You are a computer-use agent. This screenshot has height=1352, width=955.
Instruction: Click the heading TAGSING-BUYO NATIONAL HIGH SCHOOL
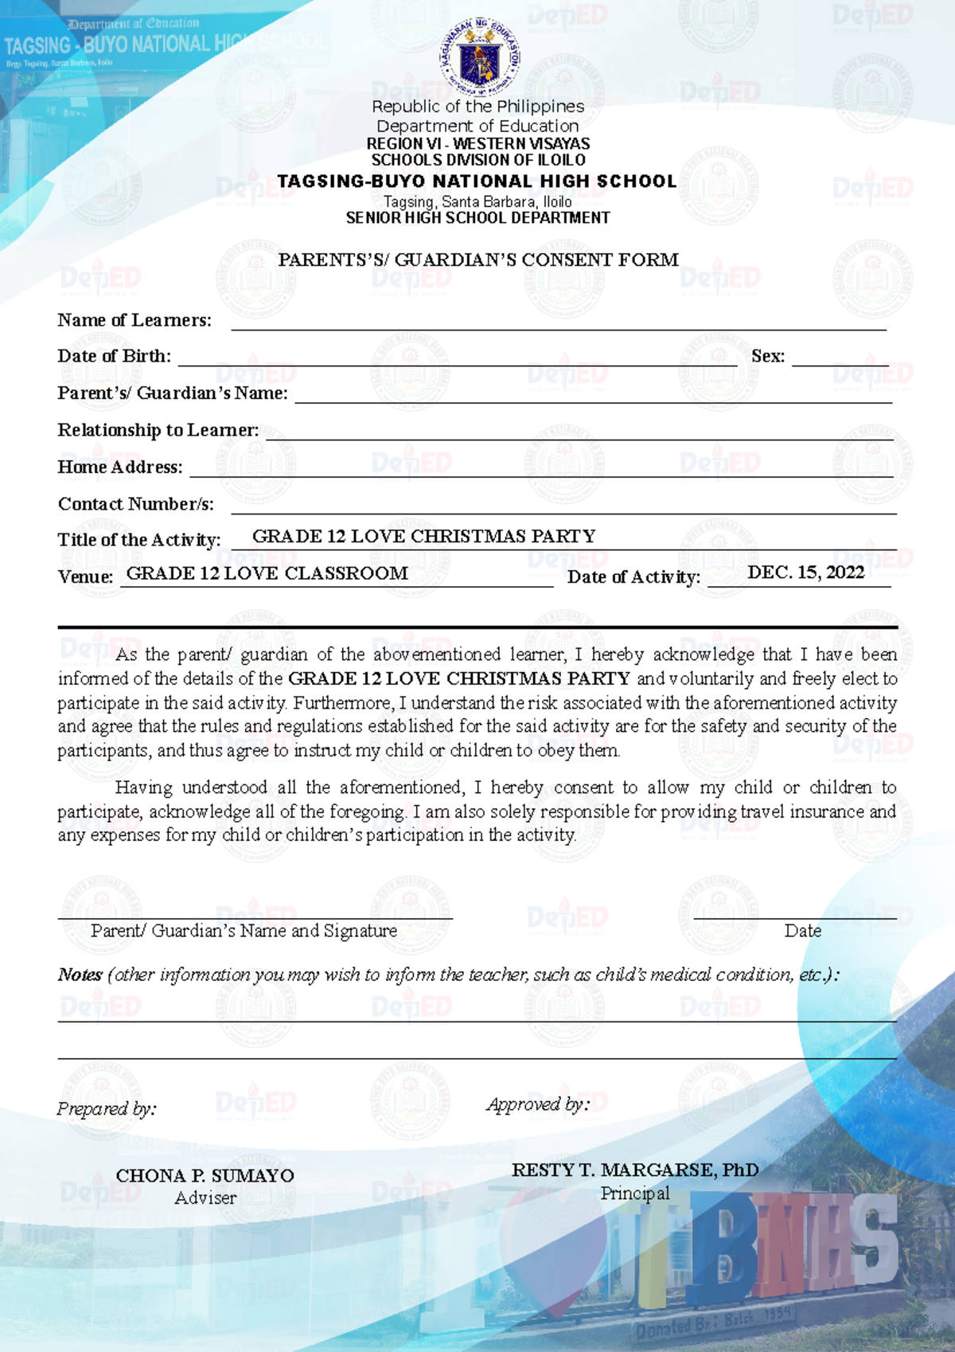click(477, 182)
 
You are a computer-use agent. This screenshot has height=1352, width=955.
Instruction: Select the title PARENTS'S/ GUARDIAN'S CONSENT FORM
click(478, 260)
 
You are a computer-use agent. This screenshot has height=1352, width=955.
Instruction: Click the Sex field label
click(767, 356)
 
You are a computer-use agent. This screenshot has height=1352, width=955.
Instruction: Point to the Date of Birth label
click(114, 356)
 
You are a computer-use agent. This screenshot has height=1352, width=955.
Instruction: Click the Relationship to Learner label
click(158, 430)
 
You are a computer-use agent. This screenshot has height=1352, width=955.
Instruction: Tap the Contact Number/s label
click(135, 504)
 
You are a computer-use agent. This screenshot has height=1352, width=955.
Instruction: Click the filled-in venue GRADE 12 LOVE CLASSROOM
click(267, 573)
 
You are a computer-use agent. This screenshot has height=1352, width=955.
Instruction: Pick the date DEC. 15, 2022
click(805, 572)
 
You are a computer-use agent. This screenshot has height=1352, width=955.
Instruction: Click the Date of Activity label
click(633, 577)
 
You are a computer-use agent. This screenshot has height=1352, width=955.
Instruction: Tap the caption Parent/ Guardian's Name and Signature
click(244, 931)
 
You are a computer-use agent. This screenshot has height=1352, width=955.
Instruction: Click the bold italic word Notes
click(80, 975)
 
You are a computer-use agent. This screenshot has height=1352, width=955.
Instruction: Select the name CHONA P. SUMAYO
click(205, 1175)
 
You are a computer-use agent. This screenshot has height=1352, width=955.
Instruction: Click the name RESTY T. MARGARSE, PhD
click(634, 1170)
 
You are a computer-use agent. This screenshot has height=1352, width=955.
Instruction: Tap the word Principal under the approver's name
click(634, 1194)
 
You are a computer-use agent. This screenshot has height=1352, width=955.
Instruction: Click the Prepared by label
click(106, 1108)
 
